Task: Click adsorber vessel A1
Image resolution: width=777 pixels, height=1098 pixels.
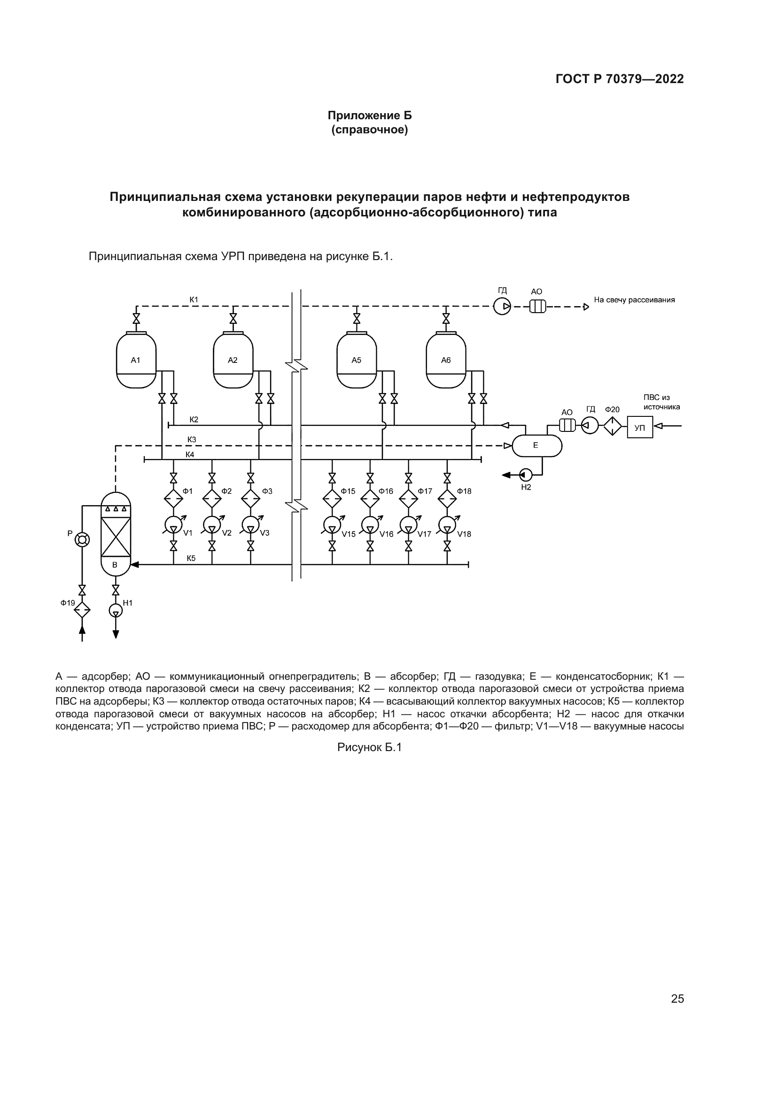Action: pos(136,360)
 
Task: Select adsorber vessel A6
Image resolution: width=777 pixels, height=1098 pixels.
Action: pos(446,360)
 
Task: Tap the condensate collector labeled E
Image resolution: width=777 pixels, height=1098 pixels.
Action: pos(537,445)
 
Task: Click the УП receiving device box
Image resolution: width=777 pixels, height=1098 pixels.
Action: pos(640,428)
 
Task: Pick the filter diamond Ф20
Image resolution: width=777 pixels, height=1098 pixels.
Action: pos(612,426)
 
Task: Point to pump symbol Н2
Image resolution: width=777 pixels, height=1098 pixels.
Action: pos(525,475)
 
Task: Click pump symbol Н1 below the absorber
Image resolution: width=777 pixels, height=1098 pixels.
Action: pos(115,611)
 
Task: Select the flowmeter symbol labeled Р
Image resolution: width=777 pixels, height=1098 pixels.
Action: pos(82,540)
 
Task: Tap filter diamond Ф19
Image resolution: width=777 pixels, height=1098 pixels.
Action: pos(82,610)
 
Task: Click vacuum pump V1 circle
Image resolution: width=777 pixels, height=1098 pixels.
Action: pos(173,525)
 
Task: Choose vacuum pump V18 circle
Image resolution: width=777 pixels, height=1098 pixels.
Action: pos(447,525)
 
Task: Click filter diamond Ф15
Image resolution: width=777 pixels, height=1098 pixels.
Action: pos(332,499)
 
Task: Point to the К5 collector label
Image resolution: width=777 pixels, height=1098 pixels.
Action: pos(191,558)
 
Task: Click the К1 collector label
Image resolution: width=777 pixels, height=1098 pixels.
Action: pos(194,300)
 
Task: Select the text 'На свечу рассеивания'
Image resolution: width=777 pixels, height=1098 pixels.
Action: pos(634,300)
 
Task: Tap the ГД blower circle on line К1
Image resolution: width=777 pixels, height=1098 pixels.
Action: pos(502,306)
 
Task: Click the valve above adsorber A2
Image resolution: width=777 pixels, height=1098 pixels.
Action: pos(233,318)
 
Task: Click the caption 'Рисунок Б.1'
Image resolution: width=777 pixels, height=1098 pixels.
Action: pos(369,747)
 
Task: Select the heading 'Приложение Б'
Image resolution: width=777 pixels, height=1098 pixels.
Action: pos(369,115)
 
